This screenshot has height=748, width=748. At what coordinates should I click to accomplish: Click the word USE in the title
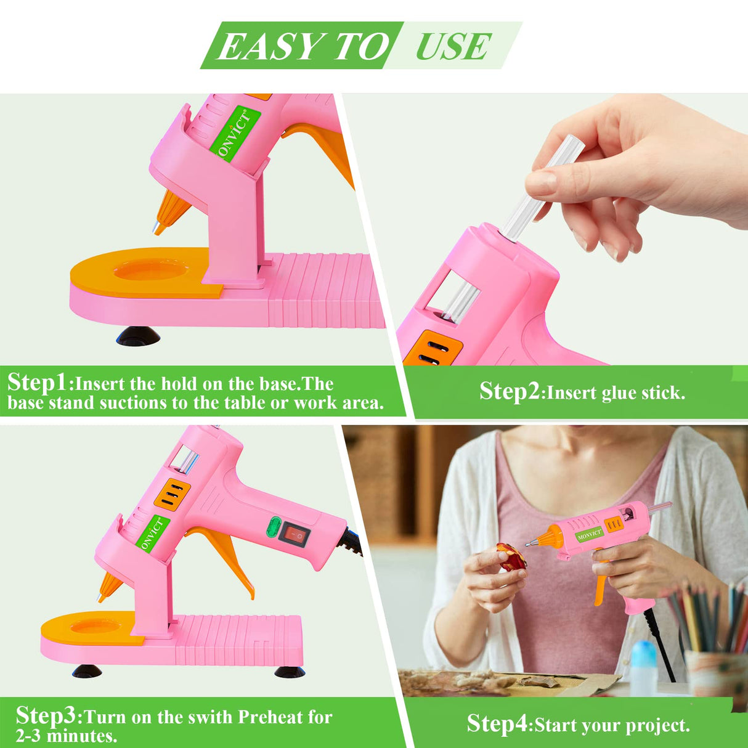pos(453,46)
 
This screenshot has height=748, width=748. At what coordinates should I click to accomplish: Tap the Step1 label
pos(38,383)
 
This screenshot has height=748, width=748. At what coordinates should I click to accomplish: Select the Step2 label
pos(510,391)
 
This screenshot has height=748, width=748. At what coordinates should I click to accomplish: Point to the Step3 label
pos(47,715)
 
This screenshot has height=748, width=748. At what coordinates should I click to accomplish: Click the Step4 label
pos(497,724)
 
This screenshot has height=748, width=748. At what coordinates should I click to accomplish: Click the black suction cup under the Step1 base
pos(138,336)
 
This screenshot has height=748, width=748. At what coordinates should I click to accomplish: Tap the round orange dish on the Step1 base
pos(151,269)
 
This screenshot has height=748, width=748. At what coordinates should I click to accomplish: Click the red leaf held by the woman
pos(511,557)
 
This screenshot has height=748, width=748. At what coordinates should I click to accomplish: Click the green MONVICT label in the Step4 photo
pos(590,534)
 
